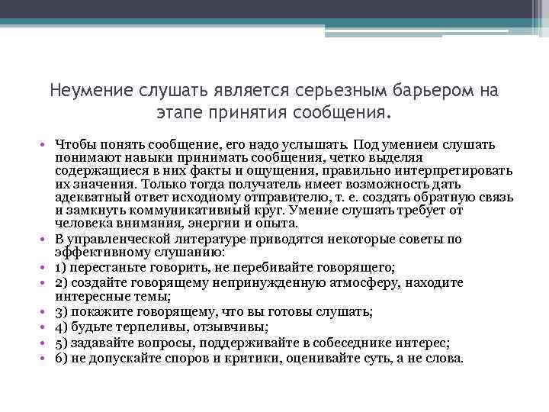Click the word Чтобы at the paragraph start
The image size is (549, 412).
coord(75,144)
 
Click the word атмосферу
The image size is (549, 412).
coord(372,282)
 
